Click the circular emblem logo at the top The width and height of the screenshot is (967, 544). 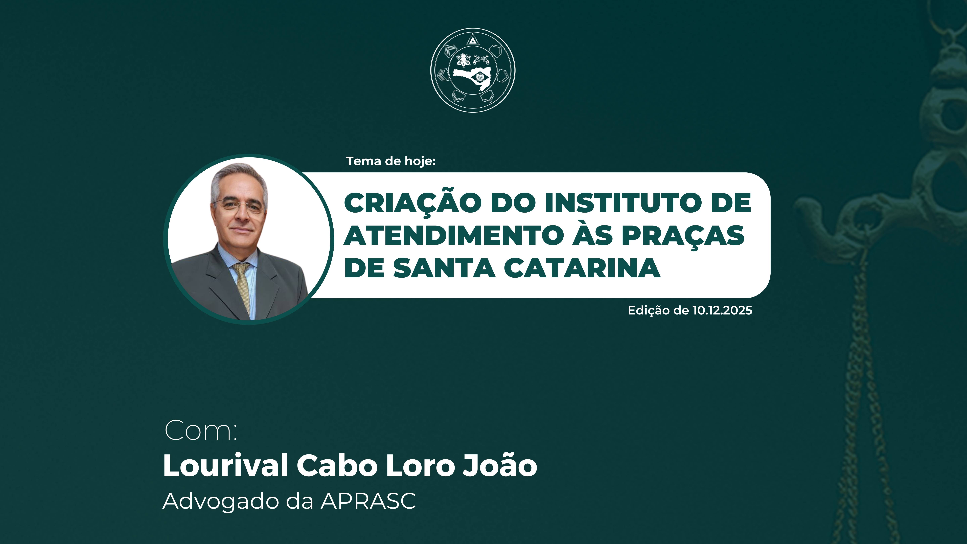(x=473, y=70)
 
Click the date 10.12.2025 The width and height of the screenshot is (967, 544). (x=722, y=310)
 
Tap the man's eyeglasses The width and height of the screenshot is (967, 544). (x=237, y=205)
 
